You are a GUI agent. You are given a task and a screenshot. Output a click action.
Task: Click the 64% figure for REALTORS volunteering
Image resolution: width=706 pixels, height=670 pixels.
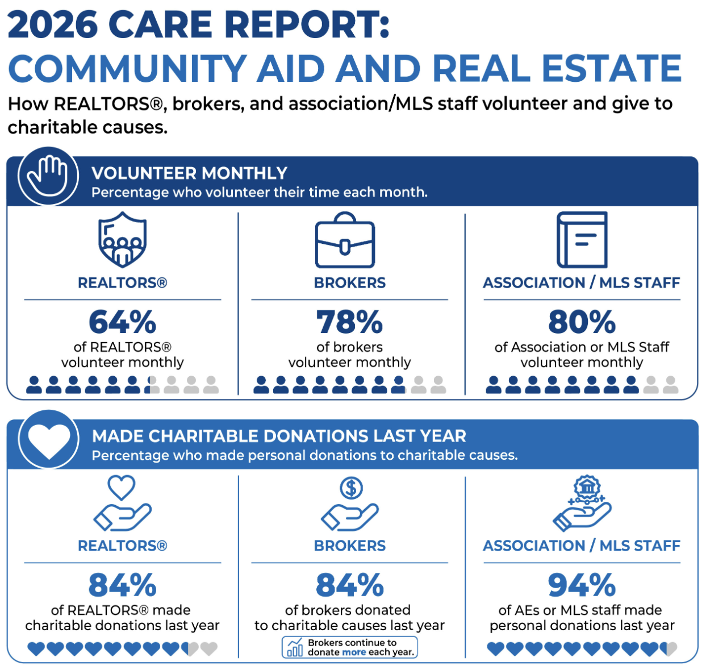tap(122, 322)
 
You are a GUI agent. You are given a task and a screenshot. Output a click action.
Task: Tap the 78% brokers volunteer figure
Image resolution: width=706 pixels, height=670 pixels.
tap(349, 322)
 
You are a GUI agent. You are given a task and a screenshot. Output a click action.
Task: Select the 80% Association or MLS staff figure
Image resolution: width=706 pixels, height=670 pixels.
tap(582, 322)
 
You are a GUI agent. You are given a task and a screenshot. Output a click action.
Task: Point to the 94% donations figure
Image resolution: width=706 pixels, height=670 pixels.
tap(582, 585)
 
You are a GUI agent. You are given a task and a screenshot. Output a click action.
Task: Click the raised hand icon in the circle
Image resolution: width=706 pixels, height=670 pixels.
tap(48, 176)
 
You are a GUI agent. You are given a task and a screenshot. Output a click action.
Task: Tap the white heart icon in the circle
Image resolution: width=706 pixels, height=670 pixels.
tap(49, 440)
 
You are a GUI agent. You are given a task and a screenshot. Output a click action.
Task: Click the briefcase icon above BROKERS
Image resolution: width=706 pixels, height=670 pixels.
tap(345, 240)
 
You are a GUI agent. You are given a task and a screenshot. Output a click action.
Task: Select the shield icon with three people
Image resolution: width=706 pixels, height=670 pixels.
tap(123, 240)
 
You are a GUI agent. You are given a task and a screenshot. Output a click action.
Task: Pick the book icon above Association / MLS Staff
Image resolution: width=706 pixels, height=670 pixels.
tap(582, 240)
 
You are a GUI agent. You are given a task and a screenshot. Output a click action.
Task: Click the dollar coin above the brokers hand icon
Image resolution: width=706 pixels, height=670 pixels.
tap(351, 488)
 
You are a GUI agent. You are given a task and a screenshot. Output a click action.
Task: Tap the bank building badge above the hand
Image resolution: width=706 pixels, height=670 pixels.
tap(587, 488)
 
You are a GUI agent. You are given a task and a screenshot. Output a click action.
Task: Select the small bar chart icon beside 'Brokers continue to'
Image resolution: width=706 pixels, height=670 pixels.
tap(295, 647)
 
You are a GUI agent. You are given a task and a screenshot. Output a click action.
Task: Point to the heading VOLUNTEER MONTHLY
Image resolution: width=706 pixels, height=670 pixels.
tap(189, 173)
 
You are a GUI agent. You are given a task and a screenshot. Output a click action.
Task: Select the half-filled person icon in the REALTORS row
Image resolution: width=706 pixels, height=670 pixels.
tap(152, 385)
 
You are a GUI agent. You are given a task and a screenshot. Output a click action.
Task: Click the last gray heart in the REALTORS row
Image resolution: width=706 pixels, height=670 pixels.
tap(208, 649)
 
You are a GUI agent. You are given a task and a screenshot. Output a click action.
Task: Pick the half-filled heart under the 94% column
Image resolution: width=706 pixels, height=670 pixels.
tap(668, 649)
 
